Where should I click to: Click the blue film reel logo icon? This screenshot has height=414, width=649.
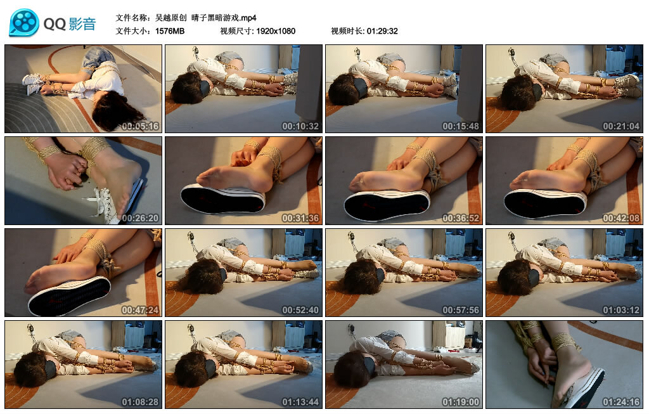[x=24, y=22]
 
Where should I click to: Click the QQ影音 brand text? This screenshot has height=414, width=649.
[x=70, y=24]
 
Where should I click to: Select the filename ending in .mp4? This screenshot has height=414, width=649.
[x=206, y=18]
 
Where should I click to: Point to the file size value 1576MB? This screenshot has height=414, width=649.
[x=170, y=31]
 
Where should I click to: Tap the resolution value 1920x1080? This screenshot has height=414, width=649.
[x=276, y=31]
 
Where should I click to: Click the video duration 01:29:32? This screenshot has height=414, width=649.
[x=382, y=31]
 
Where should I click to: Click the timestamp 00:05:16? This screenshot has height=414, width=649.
[x=140, y=126]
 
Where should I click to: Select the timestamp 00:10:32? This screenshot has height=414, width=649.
[x=300, y=126]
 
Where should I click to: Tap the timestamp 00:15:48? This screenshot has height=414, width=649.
[x=461, y=126]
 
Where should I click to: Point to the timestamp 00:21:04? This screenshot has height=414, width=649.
[x=621, y=126]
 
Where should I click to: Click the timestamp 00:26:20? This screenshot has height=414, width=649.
[x=140, y=218]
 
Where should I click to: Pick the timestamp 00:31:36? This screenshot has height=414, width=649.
[x=300, y=218]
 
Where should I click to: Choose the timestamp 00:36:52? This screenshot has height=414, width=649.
[x=461, y=218]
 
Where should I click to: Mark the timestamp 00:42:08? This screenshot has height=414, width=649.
[x=621, y=218]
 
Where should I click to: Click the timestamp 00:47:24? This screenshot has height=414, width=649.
[x=140, y=310]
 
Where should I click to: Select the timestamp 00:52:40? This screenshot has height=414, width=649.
[x=300, y=310]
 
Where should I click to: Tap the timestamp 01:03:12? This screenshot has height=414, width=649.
[x=621, y=310]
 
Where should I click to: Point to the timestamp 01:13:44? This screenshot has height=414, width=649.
[x=300, y=402]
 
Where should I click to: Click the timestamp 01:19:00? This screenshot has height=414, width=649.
[x=461, y=402]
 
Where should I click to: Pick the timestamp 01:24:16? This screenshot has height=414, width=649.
[x=621, y=402]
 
